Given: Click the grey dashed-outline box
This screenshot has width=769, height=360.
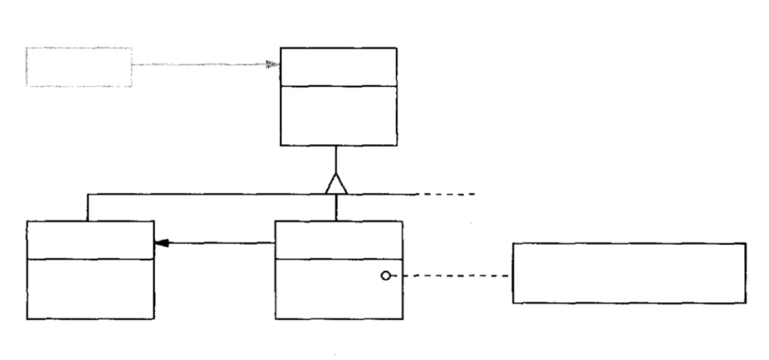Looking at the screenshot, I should pyautogui.click(x=79, y=67).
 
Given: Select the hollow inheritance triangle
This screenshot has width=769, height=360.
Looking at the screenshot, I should pyautogui.click(x=336, y=185).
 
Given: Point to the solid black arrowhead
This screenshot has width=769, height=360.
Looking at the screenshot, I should pyautogui.click(x=161, y=243).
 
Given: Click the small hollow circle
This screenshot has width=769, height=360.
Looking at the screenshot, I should pyautogui.click(x=386, y=276).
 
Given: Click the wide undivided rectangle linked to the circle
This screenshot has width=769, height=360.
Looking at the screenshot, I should pyautogui.click(x=629, y=273).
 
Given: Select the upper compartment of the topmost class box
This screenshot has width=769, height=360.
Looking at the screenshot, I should pyautogui.click(x=338, y=67).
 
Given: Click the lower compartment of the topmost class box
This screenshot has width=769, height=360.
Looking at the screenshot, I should pyautogui.click(x=338, y=115).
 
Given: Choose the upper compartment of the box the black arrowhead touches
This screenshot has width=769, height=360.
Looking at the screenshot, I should pyautogui.click(x=90, y=240).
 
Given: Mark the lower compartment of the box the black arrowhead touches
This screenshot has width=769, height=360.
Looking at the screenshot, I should pyautogui.click(x=90, y=289).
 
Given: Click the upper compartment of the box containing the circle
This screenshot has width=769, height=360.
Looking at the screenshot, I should pyautogui.click(x=339, y=240).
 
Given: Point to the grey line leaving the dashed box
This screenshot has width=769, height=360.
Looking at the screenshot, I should pyautogui.click(x=198, y=64).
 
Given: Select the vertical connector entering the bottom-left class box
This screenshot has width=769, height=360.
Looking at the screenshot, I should pyautogui.click(x=88, y=207).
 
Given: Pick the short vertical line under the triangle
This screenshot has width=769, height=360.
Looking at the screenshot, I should pyautogui.click(x=336, y=208).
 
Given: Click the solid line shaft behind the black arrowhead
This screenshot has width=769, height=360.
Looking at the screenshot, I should pyautogui.click(x=222, y=243).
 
